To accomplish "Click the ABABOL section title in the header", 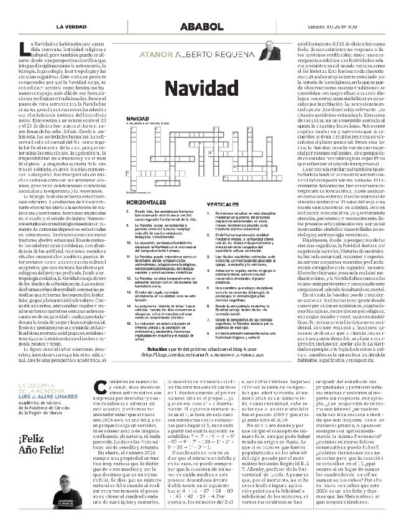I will (x=201, y=27).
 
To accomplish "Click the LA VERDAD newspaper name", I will (x=71, y=27).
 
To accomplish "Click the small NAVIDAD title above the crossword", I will (x=137, y=117).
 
